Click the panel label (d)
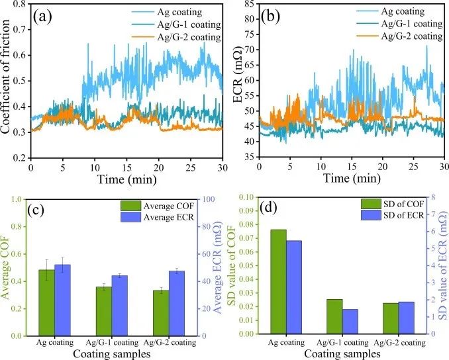270,212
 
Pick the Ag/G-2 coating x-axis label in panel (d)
399,343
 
